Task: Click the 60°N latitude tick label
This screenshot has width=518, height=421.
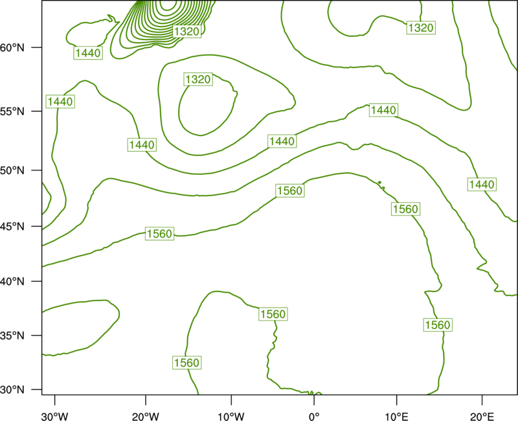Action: pyautogui.click(x=12, y=47)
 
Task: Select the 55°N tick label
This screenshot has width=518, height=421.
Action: pyautogui.click(x=12, y=111)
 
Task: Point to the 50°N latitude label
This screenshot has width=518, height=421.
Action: pyautogui.click(x=12, y=170)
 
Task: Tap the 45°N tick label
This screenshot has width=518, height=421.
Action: pyautogui.click(x=12, y=226)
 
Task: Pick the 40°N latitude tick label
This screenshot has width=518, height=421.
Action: pyautogui.click(x=12, y=282)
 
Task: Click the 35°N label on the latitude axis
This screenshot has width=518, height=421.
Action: pyautogui.click(x=12, y=336)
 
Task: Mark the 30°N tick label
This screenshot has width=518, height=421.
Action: pyautogui.click(x=12, y=390)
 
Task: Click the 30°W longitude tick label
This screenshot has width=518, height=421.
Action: pyautogui.click(x=55, y=416)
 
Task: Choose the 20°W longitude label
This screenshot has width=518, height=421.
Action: pyautogui.click(x=146, y=416)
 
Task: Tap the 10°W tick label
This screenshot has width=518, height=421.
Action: pyautogui.click(x=231, y=416)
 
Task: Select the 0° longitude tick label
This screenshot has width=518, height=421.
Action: pyautogui.click(x=314, y=416)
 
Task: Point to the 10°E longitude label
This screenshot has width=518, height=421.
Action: pyautogui.click(x=396, y=416)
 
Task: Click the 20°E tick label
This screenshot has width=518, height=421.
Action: pyautogui.click(x=482, y=416)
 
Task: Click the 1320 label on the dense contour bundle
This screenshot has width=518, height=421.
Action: pyautogui.click(x=186, y=31)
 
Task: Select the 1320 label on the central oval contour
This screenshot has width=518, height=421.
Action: pyautogui.click(x=198, y=79)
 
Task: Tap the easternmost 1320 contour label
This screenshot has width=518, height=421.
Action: pyautogui.click(x=420, y=27)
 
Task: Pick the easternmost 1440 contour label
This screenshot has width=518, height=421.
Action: pyautogui.click(x=482, y=184)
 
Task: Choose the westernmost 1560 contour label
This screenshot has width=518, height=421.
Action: pyautogui.click(x=159, y=234)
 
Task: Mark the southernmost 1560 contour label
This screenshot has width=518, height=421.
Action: pyautogui.click(x=186, y=363)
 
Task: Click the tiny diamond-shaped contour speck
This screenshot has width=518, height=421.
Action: pyautogui.click(x=379, y=182)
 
